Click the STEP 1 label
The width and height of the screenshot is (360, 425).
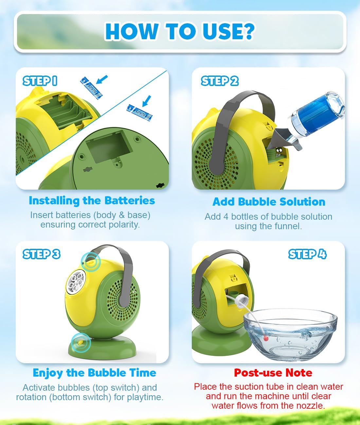tap(40, 81)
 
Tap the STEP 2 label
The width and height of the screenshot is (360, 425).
tap(220, 81)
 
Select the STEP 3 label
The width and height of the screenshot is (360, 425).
tap(41, 254)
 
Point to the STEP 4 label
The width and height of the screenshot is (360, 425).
tap(307, 254)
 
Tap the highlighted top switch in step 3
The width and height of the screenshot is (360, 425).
tap(91, 262)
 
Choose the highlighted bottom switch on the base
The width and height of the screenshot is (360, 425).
tap(81, 343)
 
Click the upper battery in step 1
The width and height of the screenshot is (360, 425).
tap(91, 88)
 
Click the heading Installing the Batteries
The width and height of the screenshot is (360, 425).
tap(92, 201)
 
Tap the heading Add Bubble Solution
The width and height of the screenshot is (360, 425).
tap(269, 202)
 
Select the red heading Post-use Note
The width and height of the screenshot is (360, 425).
tap(273, 373)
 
